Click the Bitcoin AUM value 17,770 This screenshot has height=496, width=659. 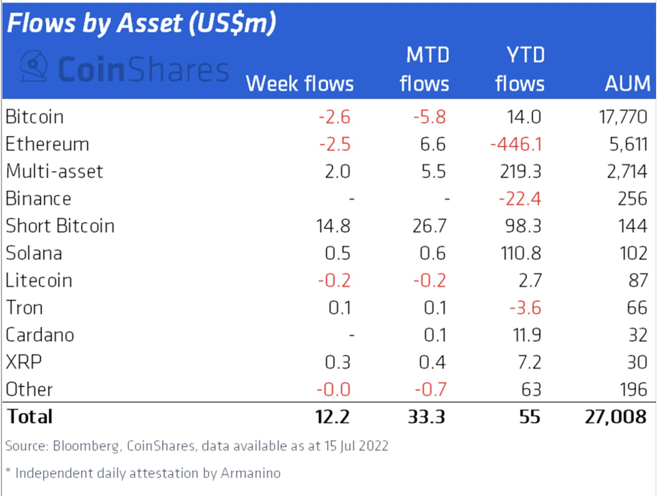pyautogui.click(x=623, y=117)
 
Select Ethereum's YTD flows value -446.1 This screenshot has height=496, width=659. pyautogui.click(x=516, y=144)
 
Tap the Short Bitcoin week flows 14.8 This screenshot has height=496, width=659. pyautogui.click(x=333, y=226)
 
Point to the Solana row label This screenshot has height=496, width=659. pyautogui.click(x=34, y=253)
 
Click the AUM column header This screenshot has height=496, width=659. pyautogui.click(x=627, y=84)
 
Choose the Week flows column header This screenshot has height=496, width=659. pyautogui.click(x=300, y=84)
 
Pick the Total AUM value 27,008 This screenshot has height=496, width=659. pyautogui.click(x=615, y=417)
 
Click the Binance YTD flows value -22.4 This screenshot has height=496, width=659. pyautogui.click(x=519, y=199)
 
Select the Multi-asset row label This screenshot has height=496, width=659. pyautogui.click(x=54, y=171)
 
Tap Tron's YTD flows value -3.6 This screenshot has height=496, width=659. pyautogui.click(x=525, y=308)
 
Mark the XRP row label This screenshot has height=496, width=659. pyautogui.click(x=24, y=363)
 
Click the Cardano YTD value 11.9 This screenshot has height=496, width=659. pyautogui.click(x=527, y=335)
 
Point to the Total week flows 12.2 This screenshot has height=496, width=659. pyautogui.click(x=332, y=417)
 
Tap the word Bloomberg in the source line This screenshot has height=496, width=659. pyautogui.click(x=86, y=446)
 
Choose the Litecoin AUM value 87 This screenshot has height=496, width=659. pyautogui.click(x=638, y=281)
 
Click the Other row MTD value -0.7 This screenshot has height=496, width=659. pyautogui.click(x=430, y=390)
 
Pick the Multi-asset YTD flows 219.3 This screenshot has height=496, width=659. pyautogui.click(x=520, y=171)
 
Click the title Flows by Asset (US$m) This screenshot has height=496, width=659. pyautogui.click(x=142, y=23)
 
